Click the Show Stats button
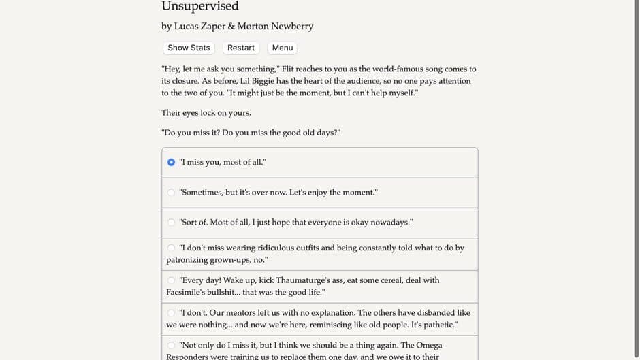coord(189,48)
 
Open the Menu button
coord(282,48)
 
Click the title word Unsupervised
coord(200,7)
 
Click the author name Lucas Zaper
coord(199,27)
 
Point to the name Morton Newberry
coord(275,27)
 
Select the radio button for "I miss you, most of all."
coord(171,162)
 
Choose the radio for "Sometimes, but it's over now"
coord(171,193)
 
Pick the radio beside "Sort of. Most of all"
coord(171,223)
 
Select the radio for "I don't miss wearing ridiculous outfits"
coord(171,248)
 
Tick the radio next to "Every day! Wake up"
coord(171,280)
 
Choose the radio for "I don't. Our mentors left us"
coord(171,313)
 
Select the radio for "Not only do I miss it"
coord(171,346)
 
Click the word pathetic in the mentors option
coord(438,325)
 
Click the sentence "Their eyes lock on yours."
coord(206,113)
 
